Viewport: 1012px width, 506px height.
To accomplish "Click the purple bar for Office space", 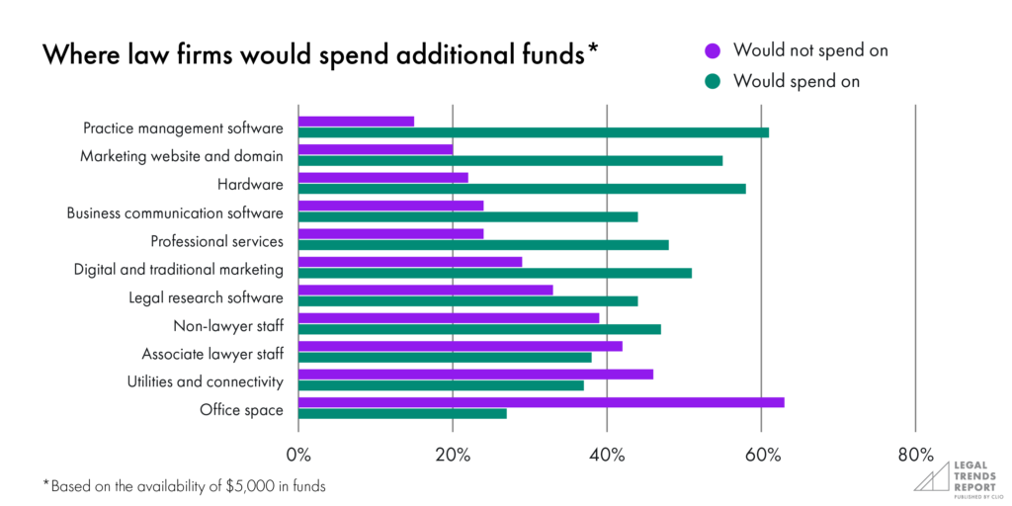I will pos(541,402).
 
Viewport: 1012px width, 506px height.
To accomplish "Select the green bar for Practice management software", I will pos(533,132).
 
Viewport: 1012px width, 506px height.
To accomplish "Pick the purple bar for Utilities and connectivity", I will pos(475,375).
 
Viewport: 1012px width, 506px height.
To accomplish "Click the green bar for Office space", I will pos(402,413).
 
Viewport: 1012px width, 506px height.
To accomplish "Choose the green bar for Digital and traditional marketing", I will pos(494,273).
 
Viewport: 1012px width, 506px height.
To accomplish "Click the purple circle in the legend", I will pos(711,49).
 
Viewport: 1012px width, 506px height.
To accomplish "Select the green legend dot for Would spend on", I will pos(711,81).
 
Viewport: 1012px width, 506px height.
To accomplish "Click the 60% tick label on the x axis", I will pos(761,455).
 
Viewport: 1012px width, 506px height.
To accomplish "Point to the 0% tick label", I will pos(298,455).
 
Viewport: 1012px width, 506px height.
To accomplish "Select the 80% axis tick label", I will pos(916,455).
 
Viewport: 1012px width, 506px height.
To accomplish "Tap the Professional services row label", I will pos(216,241).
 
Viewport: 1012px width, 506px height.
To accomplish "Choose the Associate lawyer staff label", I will pos(212,354).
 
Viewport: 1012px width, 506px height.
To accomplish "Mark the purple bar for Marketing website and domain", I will pos(376,149).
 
